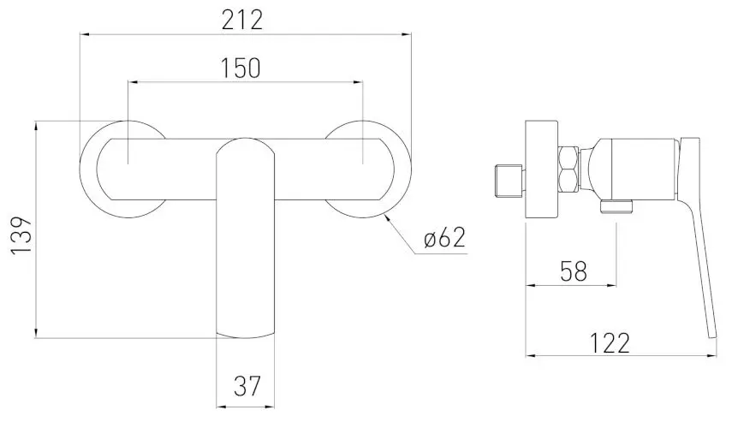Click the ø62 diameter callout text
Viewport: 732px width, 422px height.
pyautogui.click(x=444, y=239)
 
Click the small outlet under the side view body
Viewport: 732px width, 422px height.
pyautogui.click(x=616, y=205)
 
